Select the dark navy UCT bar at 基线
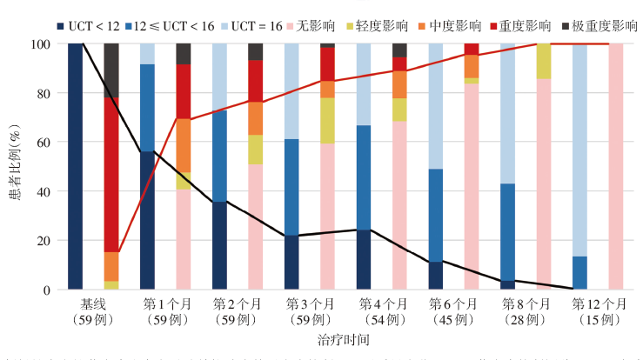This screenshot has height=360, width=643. click(x=76, y=165)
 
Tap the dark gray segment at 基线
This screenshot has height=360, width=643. click(x=111, y=70)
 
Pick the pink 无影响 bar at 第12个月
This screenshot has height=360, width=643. click(x=617, y=165)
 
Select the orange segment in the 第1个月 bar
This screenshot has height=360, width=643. click(x=184, y=144)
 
